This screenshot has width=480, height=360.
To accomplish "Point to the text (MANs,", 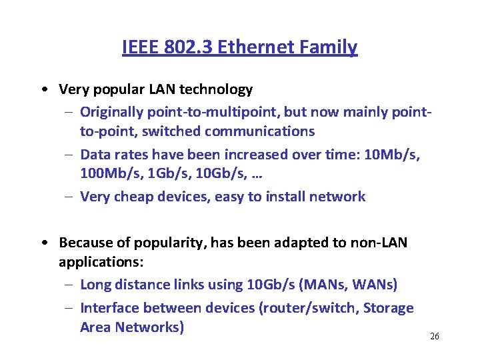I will (x=323, y=285).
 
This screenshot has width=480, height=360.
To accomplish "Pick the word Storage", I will (x=387, y=307).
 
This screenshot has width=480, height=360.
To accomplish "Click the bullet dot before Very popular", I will (x=43, y=89).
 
